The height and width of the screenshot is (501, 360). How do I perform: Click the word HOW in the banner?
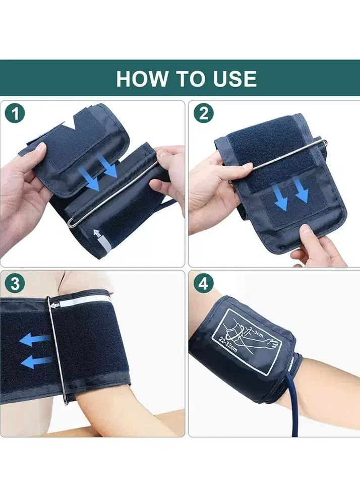pyautogui.click(x=142, y=79)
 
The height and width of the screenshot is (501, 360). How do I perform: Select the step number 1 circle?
pyautogui.click(x=15, y=113)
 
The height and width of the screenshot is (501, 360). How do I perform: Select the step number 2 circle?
pyautogui.click(x=204, y=113)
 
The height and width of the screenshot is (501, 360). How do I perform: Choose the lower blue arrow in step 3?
pyautogui.click(x=36, y=362)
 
